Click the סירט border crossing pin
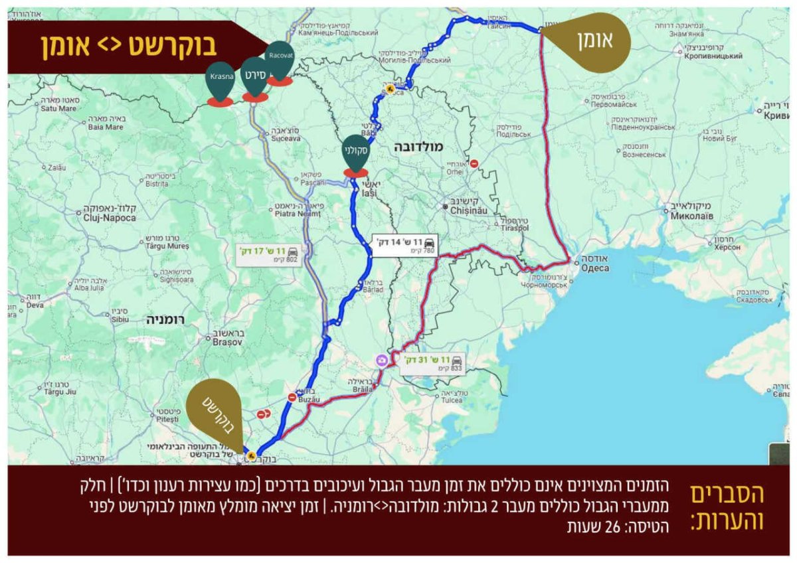tap(255, 77)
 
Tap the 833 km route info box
tap(432, 362)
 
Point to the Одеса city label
tap(594, 268)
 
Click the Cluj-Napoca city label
tap(110, 217)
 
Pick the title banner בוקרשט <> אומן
tap(130, 47)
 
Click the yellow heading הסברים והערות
tap(727, 508)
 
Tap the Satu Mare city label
tap(60, 108)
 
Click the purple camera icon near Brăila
tap(383, 361)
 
